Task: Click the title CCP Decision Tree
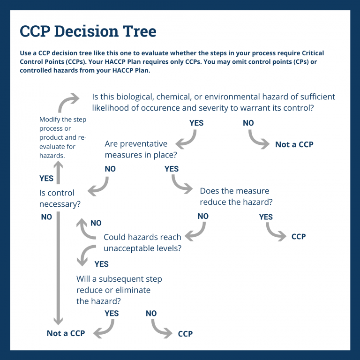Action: [88, 31]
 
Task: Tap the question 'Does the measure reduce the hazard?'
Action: [236, 196]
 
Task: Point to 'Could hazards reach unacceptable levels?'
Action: [142, 243]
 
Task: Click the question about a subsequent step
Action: [119, 290]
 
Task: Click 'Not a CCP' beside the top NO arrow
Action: [294, 144]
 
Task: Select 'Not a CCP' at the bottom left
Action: [66, 333]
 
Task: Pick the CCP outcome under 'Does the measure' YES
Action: [299, 236]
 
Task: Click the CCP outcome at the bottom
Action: [185, 334]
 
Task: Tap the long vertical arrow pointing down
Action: [58, 267]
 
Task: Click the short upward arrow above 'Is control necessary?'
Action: [58, 172]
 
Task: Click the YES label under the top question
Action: [196, 123]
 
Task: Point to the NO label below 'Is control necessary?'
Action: [46, 217]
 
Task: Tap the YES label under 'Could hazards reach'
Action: [101, 264]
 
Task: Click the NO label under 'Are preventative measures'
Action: [110, 168]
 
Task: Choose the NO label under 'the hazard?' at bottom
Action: [151, 313]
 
